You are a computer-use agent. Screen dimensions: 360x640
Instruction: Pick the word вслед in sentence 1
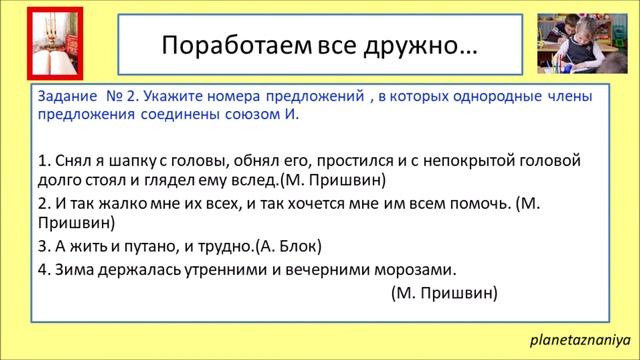point(254,180)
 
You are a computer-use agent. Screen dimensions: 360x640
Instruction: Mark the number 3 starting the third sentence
point(42,246)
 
